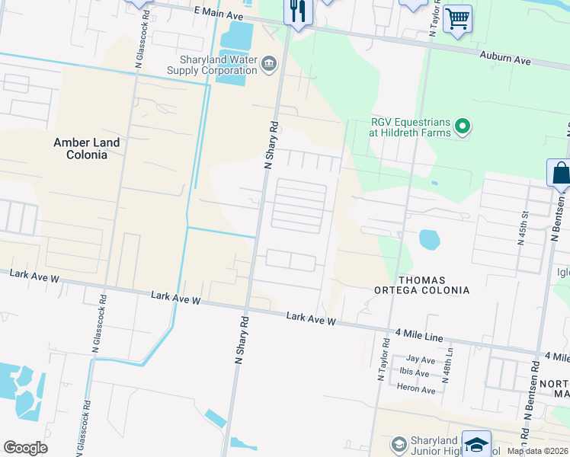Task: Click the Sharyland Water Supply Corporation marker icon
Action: (x=268, y=64)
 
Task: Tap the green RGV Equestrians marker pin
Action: (x=462, y=126)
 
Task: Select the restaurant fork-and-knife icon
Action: (x=297, y=11)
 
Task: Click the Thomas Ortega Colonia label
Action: (x=421, y=285)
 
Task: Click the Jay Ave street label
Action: (x=421, y=360)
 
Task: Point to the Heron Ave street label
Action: (x=416, y=390)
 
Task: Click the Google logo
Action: (x=25, y=448)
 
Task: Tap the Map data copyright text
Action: (x=536, y=451)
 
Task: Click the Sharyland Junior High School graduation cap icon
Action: (x=476, y=445)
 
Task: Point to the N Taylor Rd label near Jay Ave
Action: (x=383, y=363)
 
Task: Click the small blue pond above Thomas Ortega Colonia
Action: (x=429, y=240)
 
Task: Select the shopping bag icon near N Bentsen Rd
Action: (x=560, y=174)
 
